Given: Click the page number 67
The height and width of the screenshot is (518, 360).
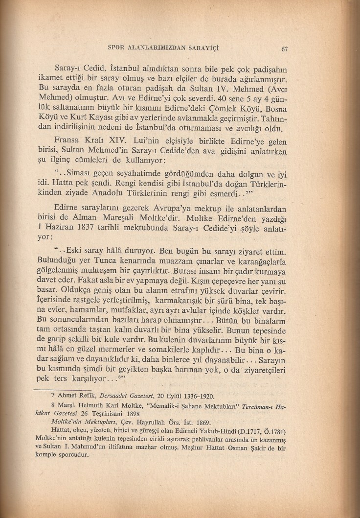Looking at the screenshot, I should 284,48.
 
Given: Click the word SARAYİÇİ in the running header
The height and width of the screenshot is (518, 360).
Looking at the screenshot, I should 211,47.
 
